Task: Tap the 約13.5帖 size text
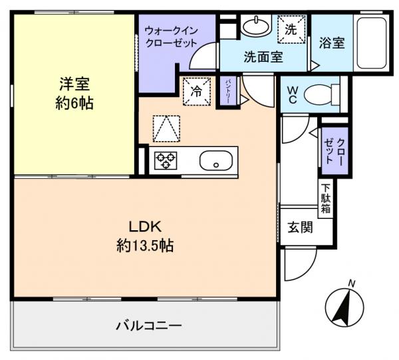[145, 246]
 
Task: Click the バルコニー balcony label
[148, 327]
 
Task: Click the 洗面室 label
[263, 57]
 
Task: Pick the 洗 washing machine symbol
[291, 29]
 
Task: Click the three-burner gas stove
[164, 160]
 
